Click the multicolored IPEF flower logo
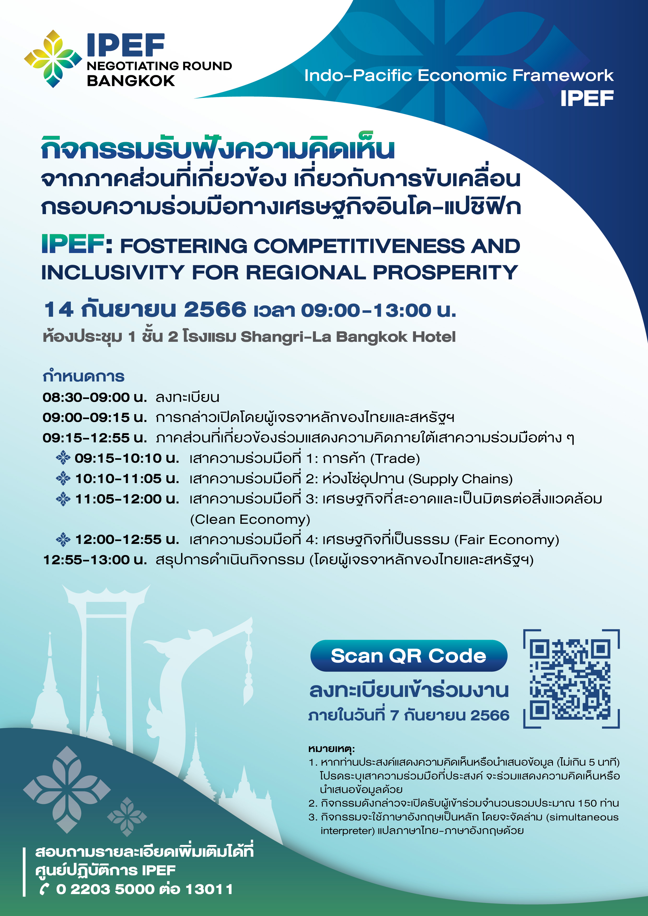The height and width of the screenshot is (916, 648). coord(53,59)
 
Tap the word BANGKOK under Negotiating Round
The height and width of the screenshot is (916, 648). coord(131,81)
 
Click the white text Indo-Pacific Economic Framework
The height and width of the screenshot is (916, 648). coord(459,75)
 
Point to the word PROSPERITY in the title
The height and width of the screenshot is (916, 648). coord(445,273)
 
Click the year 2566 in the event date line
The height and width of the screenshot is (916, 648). coord(215,310)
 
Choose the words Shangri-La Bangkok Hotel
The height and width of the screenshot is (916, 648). coord(348,337)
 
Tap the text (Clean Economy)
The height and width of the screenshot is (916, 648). coord(250,519)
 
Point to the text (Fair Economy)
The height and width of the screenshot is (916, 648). coord(507,540)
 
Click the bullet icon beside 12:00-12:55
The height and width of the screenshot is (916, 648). coord(63,539)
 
